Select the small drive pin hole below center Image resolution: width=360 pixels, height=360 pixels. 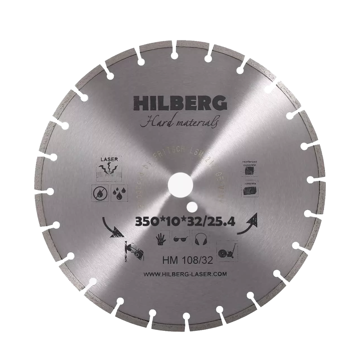[192, 207]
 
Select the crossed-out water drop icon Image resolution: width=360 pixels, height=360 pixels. [100, 192]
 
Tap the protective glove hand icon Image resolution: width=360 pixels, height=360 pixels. [161, 239]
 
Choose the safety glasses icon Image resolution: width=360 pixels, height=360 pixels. [180, 239]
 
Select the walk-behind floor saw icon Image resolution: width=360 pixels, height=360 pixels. [227, 249]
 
